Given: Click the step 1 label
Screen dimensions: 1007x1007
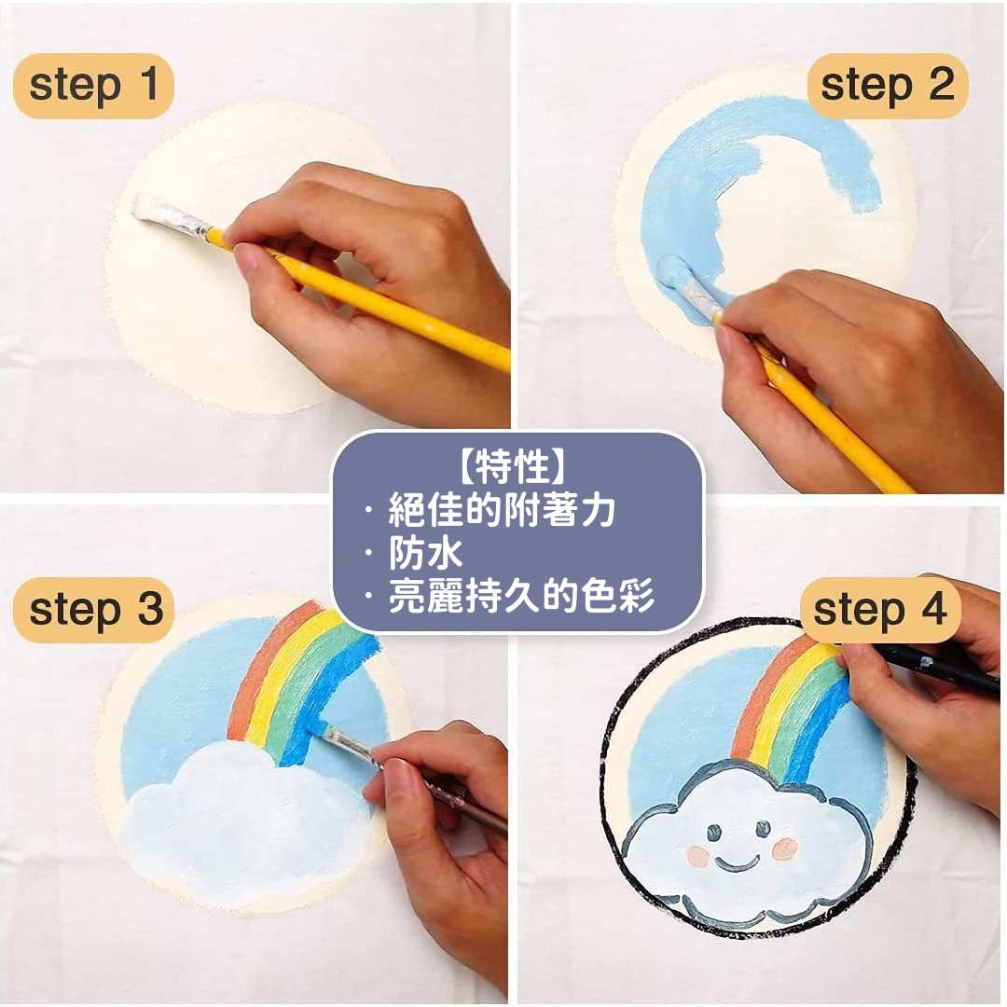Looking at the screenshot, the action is coord(94,86).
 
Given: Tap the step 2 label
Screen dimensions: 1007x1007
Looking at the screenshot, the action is coord(887,86).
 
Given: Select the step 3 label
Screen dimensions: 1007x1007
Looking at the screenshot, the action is coord(94,610).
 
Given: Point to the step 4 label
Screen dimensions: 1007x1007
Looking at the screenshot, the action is coord(880,610).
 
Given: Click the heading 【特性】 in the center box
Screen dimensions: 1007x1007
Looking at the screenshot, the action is coord(515,467).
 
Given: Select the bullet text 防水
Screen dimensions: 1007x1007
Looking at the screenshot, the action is coord(425,553).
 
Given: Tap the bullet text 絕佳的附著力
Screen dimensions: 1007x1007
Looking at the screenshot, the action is coord(502,510).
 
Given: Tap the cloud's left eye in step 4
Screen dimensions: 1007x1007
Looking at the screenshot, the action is coord(713,833).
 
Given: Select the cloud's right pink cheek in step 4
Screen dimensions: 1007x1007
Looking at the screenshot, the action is coord(784,849).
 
